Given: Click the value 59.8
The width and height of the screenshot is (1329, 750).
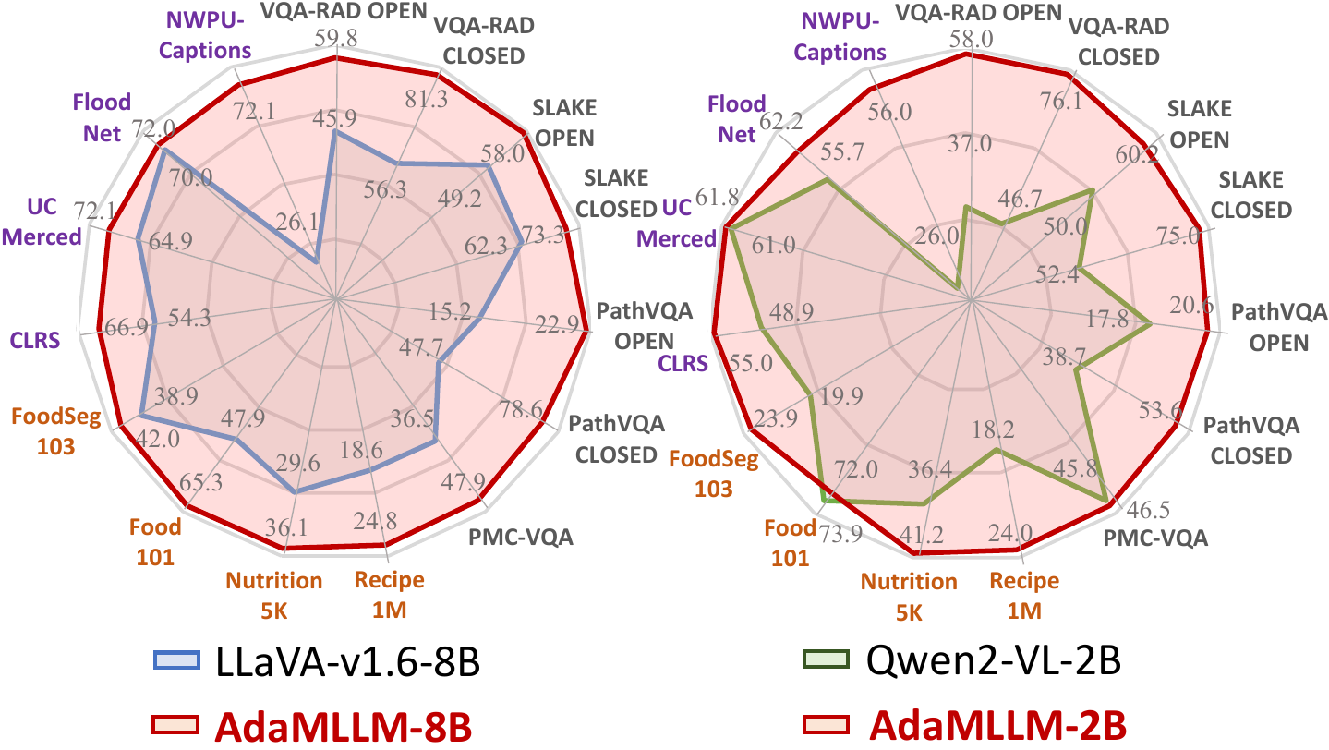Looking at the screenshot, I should pos(336,39).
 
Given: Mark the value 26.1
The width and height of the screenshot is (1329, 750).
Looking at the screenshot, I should pos(300,224).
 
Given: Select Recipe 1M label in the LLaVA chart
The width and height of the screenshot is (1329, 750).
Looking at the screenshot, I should pos(389,594).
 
